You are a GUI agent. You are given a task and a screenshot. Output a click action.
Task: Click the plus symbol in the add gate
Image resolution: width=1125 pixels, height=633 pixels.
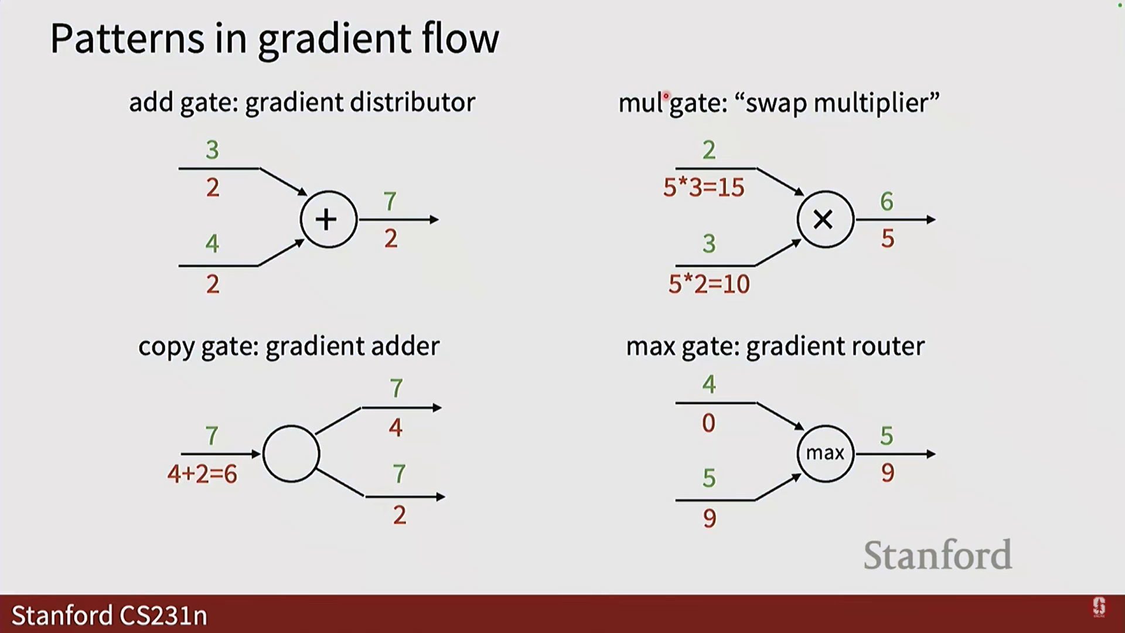click(326, 220)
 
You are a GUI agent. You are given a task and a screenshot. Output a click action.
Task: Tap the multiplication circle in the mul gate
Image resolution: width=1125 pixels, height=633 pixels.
click(824, 220)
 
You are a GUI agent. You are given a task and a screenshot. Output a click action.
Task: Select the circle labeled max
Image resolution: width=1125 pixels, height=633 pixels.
click(825, 453)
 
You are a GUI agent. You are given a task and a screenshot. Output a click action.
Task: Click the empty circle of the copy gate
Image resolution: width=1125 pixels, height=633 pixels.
click(291, 454)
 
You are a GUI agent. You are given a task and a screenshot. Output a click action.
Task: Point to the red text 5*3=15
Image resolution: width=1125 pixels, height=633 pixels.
click(704, 188)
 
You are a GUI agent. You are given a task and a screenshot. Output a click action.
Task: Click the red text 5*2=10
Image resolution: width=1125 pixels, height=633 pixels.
click(709, 284)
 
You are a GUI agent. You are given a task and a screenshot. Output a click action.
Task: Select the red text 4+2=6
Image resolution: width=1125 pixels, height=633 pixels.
click(202, 474)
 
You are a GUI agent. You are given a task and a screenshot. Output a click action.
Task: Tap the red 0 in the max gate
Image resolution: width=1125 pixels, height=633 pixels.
click(708, 423)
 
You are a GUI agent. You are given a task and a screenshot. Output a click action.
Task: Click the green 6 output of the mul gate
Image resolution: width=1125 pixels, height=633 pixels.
click(887, 202)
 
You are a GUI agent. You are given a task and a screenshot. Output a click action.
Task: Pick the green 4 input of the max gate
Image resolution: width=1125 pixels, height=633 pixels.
click(709, 384)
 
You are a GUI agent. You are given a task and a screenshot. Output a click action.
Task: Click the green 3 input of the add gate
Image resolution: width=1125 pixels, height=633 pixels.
click(212, 150)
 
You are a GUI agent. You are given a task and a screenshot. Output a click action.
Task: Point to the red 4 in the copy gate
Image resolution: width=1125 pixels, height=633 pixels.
click(396, 427)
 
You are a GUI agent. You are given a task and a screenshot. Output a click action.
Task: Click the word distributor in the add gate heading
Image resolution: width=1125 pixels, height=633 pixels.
click(412, 103)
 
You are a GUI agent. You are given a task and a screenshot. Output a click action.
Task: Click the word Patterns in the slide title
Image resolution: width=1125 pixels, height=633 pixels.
click(128, 39)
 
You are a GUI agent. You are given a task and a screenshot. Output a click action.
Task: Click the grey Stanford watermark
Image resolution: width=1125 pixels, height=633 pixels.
click(937, 555)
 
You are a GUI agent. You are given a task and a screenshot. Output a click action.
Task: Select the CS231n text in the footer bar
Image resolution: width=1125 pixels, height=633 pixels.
click(163, 615)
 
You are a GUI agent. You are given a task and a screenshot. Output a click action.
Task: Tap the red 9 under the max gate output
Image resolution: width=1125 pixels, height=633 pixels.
click(888, 472)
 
